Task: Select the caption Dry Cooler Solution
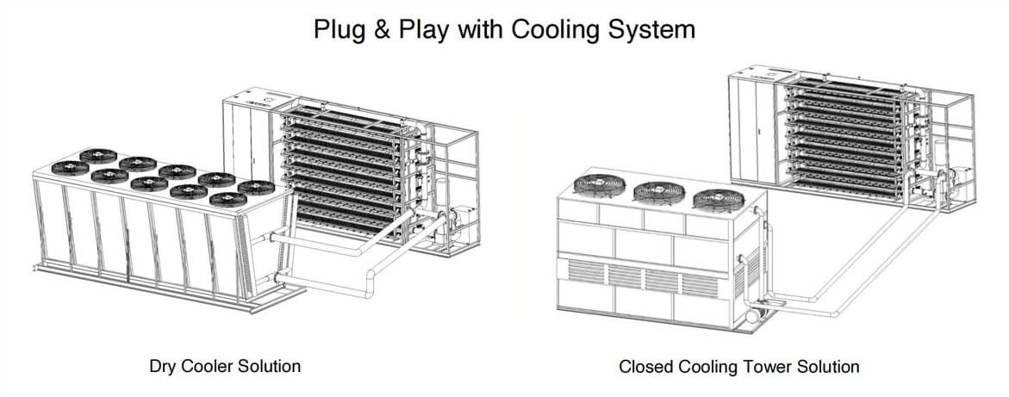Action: coord(225,366)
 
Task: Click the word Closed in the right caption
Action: coord(645,367)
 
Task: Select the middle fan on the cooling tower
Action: coord(658,191)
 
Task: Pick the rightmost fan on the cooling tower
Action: coord(717,200)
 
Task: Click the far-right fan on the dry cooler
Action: coord(256,188)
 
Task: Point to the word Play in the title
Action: coord(422,29)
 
